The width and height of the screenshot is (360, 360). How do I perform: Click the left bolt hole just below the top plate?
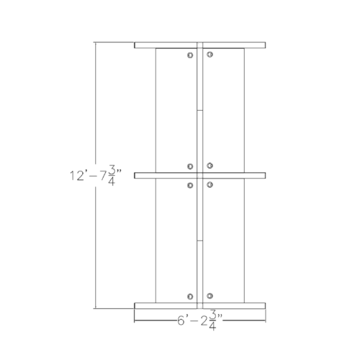point(189,55)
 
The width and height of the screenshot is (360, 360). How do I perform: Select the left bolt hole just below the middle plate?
point(190,185)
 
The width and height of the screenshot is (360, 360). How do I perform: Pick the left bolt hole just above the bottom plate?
point(190,296)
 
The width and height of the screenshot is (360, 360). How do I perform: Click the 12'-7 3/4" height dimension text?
point(97,176)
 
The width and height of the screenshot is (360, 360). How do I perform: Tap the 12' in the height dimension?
point(78,176)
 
